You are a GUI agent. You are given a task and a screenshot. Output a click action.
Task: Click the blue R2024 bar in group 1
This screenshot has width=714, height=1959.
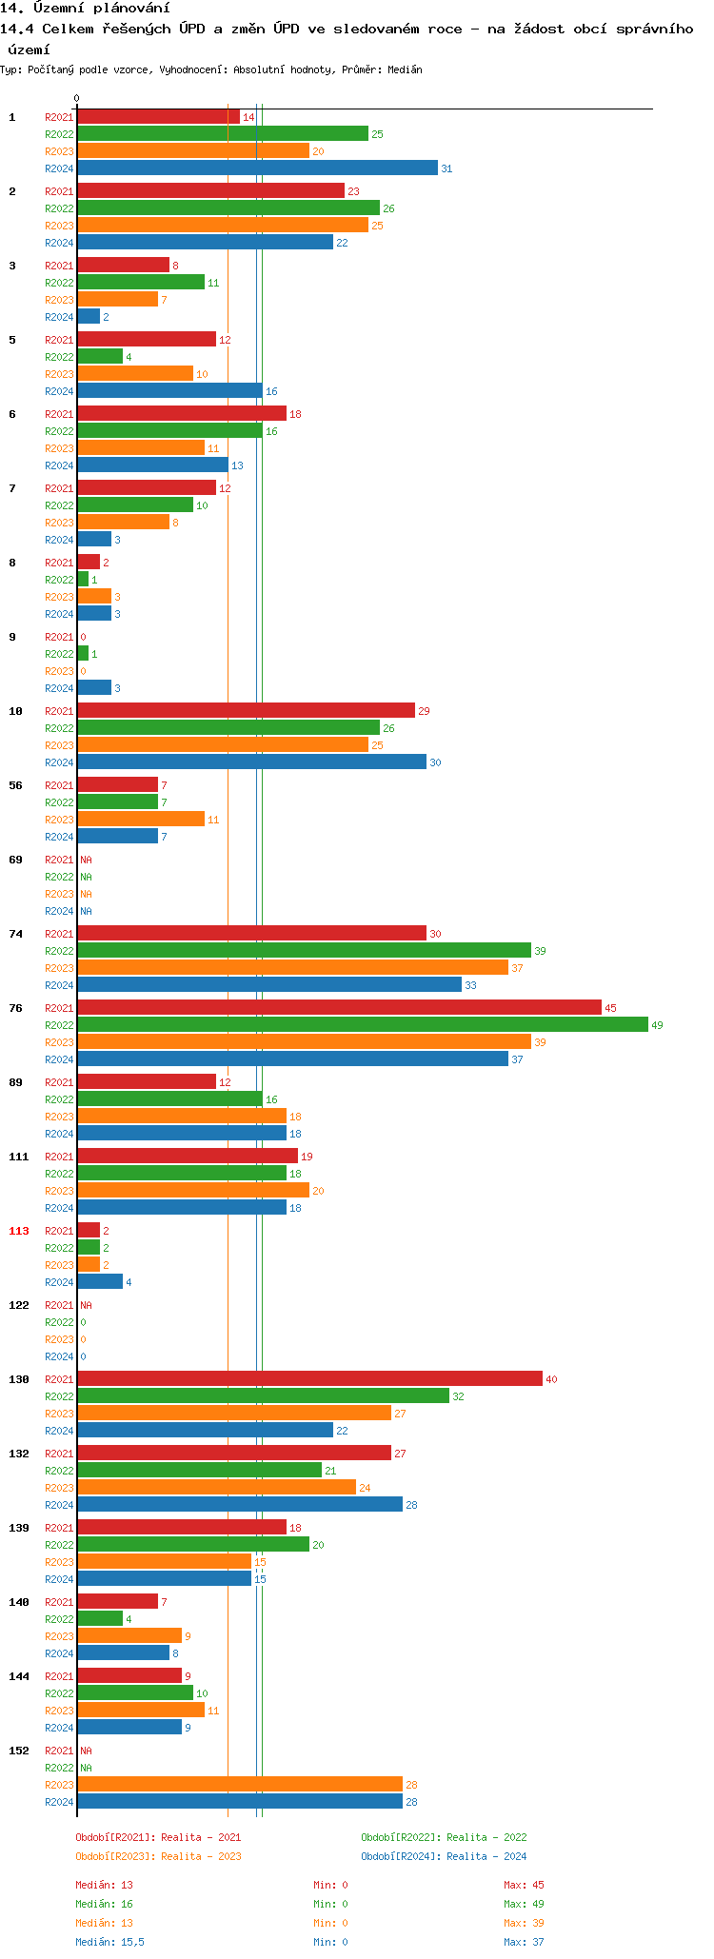click(x=257, y=168)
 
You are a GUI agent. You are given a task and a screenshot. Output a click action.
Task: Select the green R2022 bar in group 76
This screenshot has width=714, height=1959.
click(x=362, y=1025)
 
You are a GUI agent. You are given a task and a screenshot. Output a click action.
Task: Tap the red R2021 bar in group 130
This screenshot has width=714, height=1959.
click(x=309, y=1379)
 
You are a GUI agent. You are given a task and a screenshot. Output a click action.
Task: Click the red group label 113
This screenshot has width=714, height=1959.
click(x=19, y=1231)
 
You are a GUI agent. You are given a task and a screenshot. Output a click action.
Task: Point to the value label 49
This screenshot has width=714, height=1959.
click(x=657, y=1025)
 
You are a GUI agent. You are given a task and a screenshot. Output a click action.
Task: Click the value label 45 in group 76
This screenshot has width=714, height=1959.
click(x=610, y=1008)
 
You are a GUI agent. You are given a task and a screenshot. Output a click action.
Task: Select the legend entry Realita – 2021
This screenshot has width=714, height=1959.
click(x=158, y=1837)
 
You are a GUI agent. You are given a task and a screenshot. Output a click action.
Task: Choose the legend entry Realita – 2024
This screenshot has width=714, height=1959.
click(x=444, y=1856)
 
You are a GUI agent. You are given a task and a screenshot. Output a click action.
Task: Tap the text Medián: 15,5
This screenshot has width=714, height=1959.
click(x=109, y=1942)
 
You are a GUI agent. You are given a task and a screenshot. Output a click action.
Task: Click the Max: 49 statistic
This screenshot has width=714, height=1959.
click(x=524, y=1904)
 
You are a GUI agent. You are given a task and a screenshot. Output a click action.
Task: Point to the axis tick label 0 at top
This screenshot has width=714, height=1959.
click(x=77, y=99)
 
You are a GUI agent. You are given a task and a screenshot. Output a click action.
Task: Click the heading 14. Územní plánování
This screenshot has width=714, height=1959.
click(x=86, y=9)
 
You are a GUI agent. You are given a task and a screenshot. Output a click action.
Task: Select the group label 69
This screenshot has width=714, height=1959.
click(x=16, y=860)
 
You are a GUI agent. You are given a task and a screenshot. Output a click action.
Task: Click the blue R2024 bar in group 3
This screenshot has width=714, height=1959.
click(x=89, y=317)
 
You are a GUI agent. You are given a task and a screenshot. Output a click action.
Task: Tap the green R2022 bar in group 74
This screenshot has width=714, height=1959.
click(x=304, y=951)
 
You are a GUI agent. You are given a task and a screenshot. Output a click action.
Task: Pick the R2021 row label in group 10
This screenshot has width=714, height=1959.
click(x=59, y=711)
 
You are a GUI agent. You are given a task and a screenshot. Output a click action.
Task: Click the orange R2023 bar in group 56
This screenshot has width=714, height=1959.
click(x=141, y=820)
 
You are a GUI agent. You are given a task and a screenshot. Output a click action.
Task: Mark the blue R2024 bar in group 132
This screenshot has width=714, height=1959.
click(x=240, y=1505)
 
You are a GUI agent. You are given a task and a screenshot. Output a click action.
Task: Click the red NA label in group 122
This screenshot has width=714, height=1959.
click(x=86, y=1305)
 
